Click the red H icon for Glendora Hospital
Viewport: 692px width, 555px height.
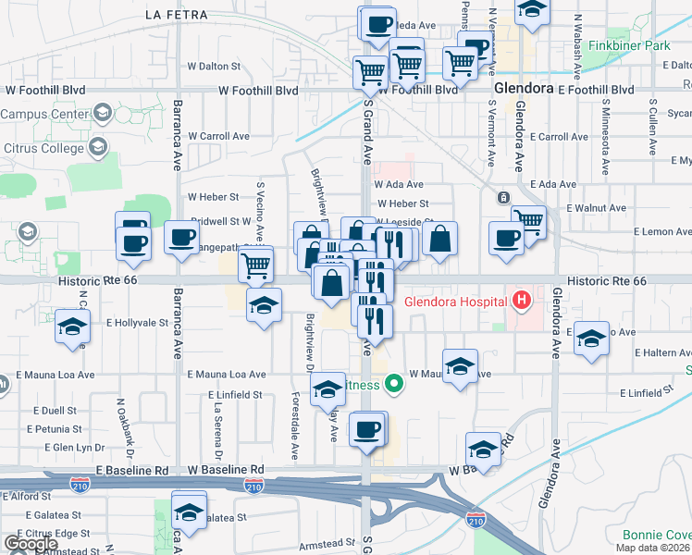point(522,300)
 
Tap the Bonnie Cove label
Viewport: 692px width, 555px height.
point(657,536)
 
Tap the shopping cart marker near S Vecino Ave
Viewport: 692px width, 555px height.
point(255,265)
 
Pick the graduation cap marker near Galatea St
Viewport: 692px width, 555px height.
point(189,513)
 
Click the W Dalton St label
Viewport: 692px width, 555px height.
point(214,67)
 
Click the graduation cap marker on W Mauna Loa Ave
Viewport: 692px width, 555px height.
point(460,366)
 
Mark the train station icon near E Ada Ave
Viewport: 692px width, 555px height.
point(503,197)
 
